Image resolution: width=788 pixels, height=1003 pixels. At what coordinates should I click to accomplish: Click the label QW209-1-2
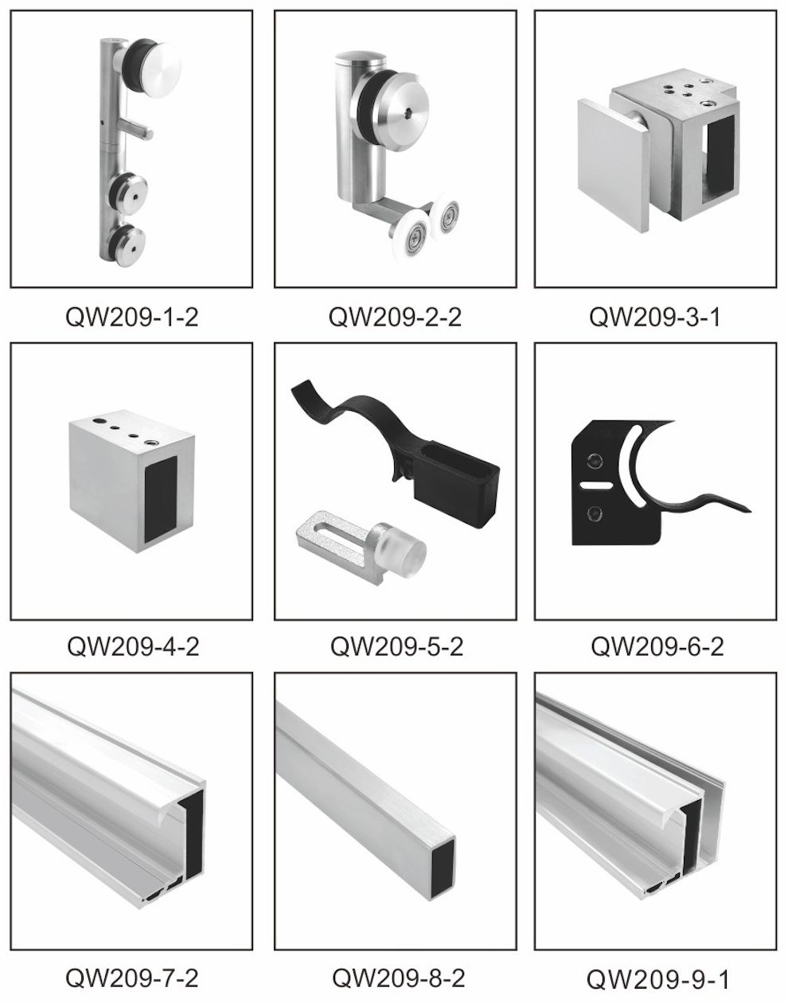[x=132, y=318]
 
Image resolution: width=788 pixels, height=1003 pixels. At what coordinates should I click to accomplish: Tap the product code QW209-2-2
[x=395, y=318]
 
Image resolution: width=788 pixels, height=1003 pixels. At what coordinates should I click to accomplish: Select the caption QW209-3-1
[x=655, y=318]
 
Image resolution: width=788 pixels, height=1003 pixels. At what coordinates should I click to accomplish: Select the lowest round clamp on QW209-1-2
[x=129, y=245]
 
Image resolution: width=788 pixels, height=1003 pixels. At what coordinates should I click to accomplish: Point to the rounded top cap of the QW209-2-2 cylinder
[x=361, y=59]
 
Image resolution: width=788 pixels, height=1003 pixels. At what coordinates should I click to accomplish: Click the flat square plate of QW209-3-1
[x=614, y=164]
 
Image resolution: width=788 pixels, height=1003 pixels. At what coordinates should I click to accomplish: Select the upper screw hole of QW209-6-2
[x=595, y=459]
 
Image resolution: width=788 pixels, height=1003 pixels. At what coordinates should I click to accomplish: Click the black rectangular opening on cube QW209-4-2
[x=161, y=498]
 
